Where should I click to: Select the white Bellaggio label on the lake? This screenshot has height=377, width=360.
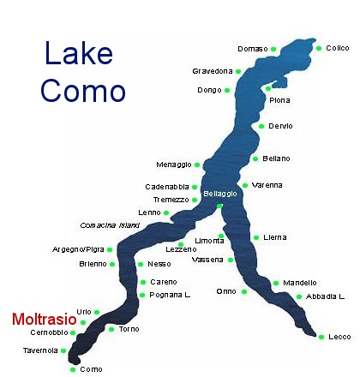tap(220, 194)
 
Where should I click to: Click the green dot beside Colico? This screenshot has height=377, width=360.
tap(320, 48)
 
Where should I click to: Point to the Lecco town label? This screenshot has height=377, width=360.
tap(339, 337)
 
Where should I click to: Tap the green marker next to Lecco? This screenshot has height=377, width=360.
tap(321, 336)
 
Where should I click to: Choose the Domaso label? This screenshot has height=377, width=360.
tap(253, 49)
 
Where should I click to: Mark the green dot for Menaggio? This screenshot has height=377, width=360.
tap(197, 164)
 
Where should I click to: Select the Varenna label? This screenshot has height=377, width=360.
tap(267, 185)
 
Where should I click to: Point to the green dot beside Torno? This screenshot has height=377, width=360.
tap(111, 329)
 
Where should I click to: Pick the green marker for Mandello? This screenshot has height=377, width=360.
tap(276, 283)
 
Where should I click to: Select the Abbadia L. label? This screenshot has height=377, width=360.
tap(325, 296)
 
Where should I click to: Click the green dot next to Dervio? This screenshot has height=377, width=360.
tap(261, 126)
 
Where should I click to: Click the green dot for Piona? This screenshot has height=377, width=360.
tap(269, 87)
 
